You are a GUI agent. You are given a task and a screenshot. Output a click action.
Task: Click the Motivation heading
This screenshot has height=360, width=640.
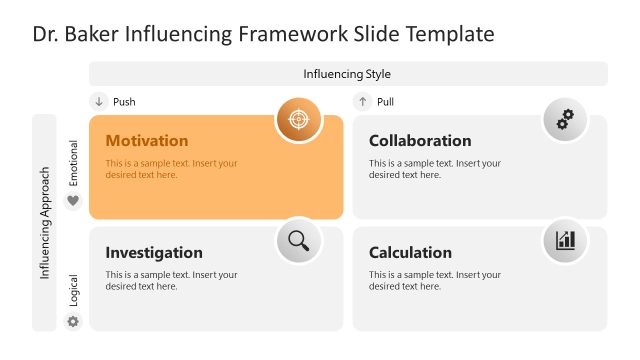[146, 141]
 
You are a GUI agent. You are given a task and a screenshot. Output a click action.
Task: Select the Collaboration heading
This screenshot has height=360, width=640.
[420, 141]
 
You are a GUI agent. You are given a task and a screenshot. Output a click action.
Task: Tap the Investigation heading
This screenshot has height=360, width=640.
[154, 253]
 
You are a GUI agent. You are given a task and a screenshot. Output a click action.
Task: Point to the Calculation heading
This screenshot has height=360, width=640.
[410, 253]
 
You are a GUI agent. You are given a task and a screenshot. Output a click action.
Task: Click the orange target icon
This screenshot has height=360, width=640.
[298, 120]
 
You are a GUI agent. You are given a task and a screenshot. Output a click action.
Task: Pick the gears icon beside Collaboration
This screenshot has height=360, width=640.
[566, 120]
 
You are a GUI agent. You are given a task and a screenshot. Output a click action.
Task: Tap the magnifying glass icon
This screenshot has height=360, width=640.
[298, 240]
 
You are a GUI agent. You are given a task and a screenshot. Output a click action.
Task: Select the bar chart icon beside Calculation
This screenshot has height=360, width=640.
[566, 240]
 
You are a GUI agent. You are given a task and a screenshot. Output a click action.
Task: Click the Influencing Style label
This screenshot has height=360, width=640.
[347, 74]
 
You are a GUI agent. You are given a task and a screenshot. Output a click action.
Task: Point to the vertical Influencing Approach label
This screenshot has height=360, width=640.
[45, 222]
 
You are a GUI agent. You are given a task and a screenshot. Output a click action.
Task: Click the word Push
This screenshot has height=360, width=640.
[124, 102]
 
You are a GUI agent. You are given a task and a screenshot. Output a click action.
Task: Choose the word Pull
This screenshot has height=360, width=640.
[385, 102]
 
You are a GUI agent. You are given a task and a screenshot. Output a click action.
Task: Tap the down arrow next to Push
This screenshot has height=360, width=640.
[98, 101]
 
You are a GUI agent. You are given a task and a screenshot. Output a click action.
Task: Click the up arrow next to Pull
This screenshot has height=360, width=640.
[362, 101]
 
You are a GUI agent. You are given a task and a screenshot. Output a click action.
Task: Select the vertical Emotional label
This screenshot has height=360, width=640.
[73, 162]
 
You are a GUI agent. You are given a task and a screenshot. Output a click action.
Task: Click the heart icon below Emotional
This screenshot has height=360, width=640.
[72, 201]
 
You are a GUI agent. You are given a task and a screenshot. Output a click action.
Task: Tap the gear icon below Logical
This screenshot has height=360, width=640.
[72, 322]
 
